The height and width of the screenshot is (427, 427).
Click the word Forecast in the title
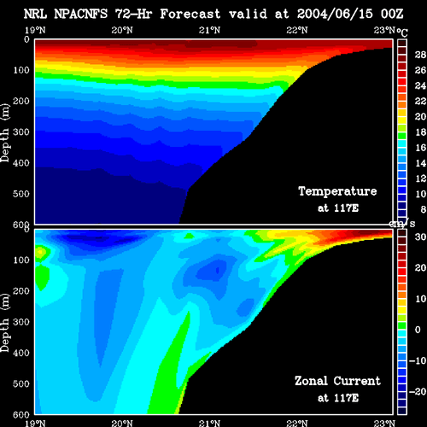point(190,14)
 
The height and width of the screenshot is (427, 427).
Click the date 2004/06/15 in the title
point(335,14)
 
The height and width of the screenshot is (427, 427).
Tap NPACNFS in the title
point(81,14)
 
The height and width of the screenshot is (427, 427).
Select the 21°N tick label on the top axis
point(209,30)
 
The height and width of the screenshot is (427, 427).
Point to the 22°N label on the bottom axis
point(297,423)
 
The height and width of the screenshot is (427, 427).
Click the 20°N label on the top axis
point(122,30)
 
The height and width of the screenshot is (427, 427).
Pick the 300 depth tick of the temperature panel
point(21,132)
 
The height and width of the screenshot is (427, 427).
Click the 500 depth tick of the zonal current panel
point(21,383)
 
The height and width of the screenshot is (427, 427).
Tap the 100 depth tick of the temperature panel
point(21,70)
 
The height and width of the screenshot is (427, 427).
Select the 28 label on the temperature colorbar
point(420,55)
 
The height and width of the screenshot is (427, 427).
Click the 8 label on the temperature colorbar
point(423,209)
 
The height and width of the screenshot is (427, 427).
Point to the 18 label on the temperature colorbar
point(420,132)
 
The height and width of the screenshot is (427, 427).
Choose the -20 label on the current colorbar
point(418,392)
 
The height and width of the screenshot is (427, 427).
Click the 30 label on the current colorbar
point(420,237)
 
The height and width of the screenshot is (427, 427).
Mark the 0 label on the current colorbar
point(418,330)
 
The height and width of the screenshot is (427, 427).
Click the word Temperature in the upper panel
point(337,191)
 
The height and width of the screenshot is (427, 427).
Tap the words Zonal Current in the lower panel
point(337,381)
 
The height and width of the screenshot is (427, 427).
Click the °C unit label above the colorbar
point(402,32)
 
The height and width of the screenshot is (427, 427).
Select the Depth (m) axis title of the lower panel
point(5,323)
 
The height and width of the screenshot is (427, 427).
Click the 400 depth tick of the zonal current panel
point(21,353)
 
